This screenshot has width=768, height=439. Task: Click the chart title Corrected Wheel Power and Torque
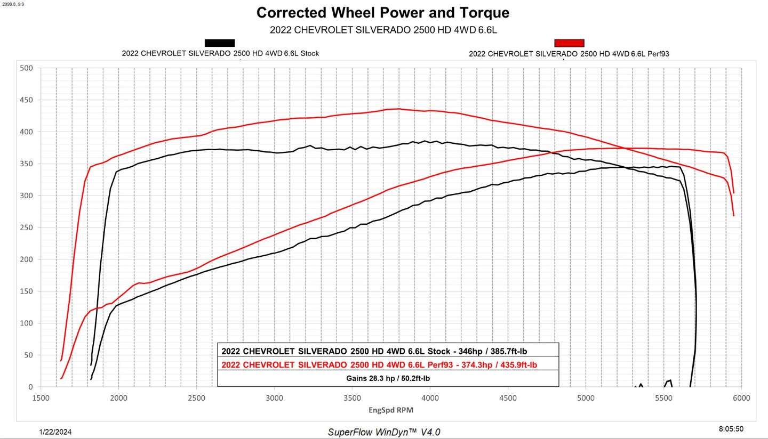click(382, 13)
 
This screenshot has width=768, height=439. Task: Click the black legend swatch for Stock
click(220, 43)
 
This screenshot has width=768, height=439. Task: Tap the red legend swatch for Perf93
click(569, 43)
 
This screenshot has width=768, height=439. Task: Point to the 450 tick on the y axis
click(27, 100)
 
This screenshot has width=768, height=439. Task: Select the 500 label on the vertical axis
click(27, 68)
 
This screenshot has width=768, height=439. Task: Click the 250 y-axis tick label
click(27, 227)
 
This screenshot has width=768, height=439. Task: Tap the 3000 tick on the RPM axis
click(274, 399)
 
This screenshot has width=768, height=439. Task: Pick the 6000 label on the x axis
click(741, 399)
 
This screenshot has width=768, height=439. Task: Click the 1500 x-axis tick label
click(41, 399)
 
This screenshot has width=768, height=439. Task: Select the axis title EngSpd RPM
click(391, 410)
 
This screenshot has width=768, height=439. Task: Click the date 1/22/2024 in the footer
click(55, 432)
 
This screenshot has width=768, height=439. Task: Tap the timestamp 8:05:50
click(731, 429)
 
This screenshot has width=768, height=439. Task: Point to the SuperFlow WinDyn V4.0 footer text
click(384, 432)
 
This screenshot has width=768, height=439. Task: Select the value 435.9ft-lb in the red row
click(519, 365)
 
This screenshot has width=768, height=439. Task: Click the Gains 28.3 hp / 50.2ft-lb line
click(388, 378)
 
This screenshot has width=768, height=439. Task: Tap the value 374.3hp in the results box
click(477, 365)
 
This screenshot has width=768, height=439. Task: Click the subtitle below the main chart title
click(383, 30)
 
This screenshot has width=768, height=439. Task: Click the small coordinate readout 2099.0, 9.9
click(13, 4)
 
